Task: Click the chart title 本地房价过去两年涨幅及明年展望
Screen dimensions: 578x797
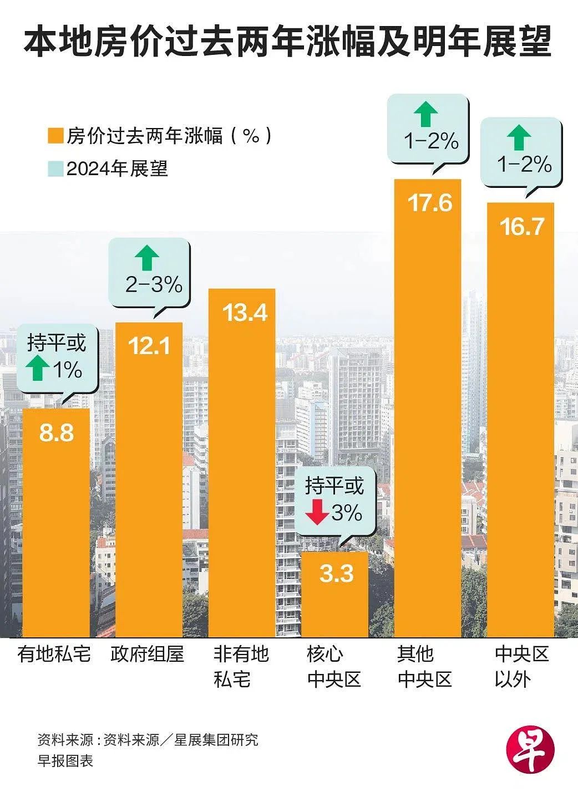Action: coord(288,43)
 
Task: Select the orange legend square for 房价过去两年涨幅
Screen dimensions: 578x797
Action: coord(55,136)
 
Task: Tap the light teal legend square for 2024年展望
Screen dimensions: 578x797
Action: coord(55,168)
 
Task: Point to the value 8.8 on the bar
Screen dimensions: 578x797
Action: coord(56,433)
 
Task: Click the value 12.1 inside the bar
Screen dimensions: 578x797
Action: coord(149,345)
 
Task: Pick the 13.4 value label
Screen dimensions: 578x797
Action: coord(245,313)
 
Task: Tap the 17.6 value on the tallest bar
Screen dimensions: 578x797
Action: coord(430,203)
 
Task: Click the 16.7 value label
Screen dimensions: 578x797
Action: coord(522,227)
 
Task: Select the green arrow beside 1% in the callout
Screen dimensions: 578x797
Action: coord(38,369)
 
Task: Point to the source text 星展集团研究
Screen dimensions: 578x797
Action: coord(216,738)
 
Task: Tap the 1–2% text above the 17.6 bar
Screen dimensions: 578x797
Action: coord(431,142)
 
